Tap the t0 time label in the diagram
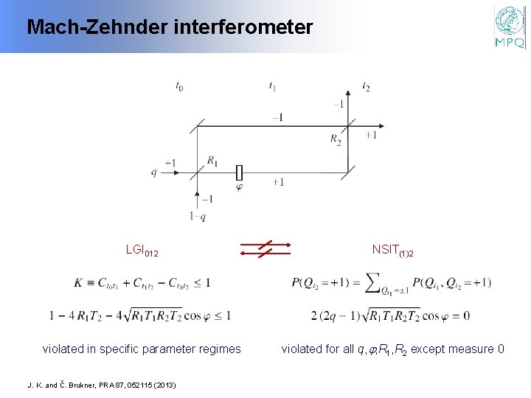click(x=179, y=86)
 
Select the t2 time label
click(x=366, y=86)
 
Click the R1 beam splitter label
click(x=212, y=160)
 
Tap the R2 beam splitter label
click(x=336, y=139)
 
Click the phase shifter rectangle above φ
click(x=238, y=172)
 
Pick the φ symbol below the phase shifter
click(x=238, y=186)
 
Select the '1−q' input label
click(x=198, y=217)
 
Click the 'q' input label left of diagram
click(x=154, y=172)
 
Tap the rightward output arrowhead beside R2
click(x=362, y=127)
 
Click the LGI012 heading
click(x=142, y=252)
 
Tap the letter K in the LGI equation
click(x=78, y=282)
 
